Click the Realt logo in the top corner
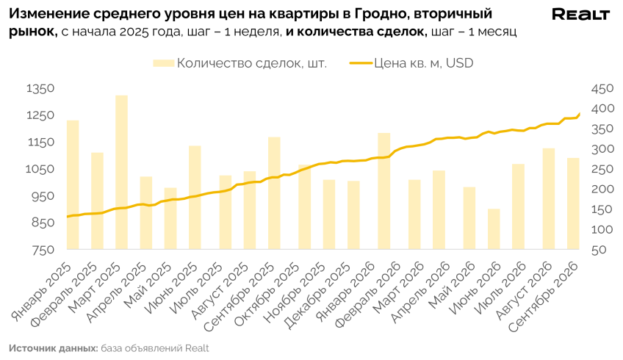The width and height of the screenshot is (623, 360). point(581,15)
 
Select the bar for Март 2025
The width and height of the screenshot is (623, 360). point(121,173)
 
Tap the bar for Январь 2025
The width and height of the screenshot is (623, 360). point(73,184)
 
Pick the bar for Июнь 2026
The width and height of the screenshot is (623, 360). point(494,229)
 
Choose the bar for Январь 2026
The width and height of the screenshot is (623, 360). point(383,191)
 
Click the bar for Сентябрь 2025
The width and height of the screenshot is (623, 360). point(274,193)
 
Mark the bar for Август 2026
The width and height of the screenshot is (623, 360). point(549,198)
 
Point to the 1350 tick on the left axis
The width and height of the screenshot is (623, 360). point(40,88)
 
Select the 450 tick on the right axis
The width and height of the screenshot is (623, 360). point(602,89)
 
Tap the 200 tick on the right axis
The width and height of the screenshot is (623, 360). point(602,190)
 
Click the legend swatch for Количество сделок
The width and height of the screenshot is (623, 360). point(164,63)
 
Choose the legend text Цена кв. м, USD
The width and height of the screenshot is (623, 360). point(424,63)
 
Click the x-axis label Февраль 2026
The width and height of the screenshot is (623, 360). point(368,295)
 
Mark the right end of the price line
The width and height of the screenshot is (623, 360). point(579,114)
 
